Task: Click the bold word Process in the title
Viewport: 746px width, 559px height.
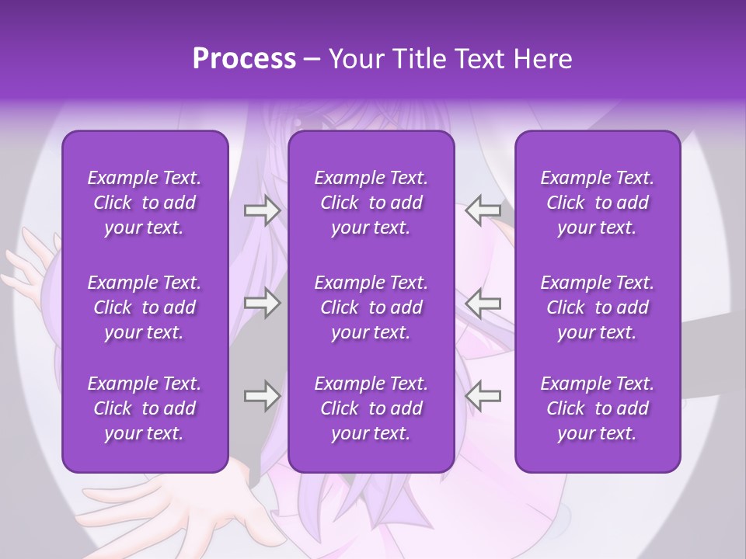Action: coord(244,59)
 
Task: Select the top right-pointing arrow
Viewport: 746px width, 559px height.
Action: coord(262,210)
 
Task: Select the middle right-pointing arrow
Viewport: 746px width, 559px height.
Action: coord(262,303)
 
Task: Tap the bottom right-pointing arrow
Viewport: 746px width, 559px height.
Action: coord(262,396)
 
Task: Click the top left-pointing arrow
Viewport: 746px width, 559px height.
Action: coord(483,210)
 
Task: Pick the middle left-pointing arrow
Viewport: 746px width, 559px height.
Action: coord(483,303)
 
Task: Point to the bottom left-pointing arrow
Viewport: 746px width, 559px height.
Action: coord(483,396)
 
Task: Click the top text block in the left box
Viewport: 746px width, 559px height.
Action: coord(145,203)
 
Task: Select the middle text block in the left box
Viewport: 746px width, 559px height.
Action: coord(145,307)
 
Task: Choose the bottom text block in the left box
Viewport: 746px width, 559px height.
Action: coord(145,408)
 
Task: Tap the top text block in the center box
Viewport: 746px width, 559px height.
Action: coord(371,203)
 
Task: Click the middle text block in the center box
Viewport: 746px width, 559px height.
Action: coord(371,307)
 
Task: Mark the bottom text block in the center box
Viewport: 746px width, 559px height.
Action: coord(371,408)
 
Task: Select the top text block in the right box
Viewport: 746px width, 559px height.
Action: coord(597,203)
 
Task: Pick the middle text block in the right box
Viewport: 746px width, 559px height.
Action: coord(597,307)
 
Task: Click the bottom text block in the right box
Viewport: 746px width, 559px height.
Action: coord(597,408)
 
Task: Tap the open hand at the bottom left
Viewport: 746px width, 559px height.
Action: coord(171,505)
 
